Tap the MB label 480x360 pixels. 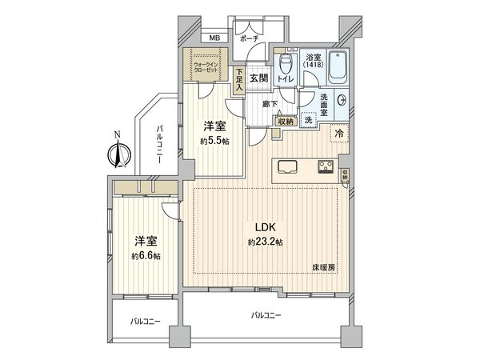click(x=214, y=38)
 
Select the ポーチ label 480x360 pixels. click(x=249, y=38)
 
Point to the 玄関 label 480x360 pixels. click(x=258, y=78)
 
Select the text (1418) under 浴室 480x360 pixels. click(x=313, y=66)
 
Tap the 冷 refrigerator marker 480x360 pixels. click(x=338, y=134)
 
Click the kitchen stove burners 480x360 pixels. click(x=326, y=166)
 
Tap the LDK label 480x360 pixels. click(x=266, y=226)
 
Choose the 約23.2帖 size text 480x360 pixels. click(x=266, y=241)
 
